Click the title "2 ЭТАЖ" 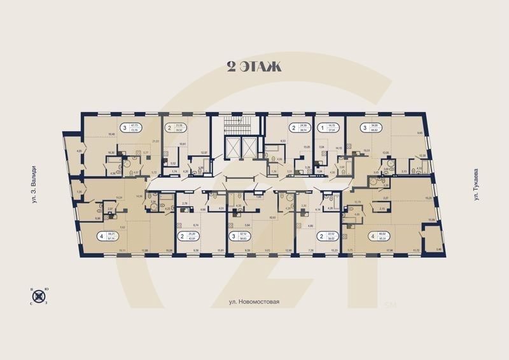[x=254, y=66]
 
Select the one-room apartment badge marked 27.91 [x=329, y=127]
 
